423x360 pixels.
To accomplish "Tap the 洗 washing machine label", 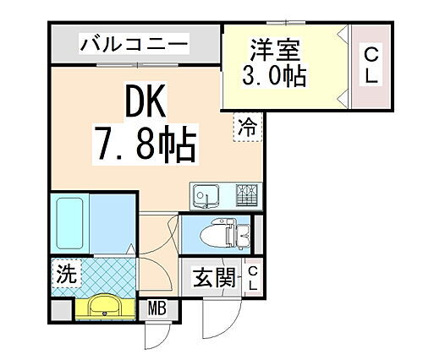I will coord(63,274).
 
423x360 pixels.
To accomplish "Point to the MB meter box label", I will coord(157,308).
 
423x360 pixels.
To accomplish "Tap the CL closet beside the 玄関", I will coord(252,279).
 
